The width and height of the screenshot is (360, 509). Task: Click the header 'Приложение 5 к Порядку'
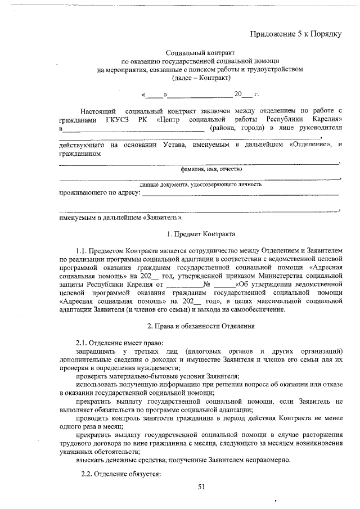tap(296, 34)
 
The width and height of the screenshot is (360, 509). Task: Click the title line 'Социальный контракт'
tap(200, 52)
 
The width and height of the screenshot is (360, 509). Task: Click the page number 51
tap(201, 487)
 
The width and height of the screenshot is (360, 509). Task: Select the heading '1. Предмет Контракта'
tap(200, 233)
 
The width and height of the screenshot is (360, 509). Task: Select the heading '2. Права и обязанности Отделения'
tap(200, 325)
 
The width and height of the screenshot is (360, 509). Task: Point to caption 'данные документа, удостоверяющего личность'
tap(200, 184)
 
